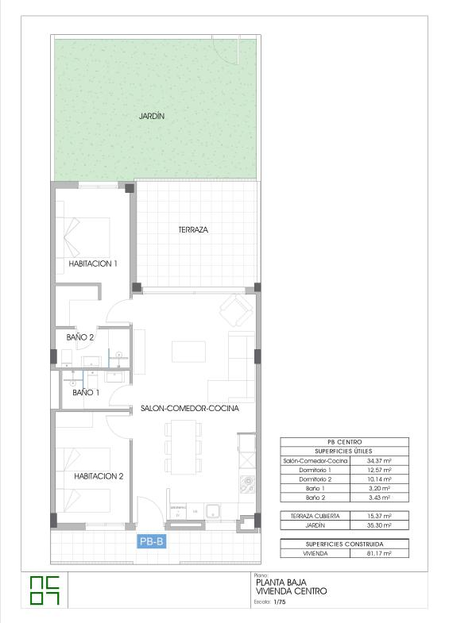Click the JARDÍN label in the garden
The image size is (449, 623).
pos(152,116)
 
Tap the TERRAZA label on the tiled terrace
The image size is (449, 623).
pos(193,229)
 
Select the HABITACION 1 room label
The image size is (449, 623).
pos(93,263)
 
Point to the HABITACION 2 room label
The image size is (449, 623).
pos(99,476)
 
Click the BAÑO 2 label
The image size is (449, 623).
pos(80,337)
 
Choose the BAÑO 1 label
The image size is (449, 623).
pos(86,393)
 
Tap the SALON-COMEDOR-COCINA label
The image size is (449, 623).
pos(190,409)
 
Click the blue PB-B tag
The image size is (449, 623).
pos(152,541)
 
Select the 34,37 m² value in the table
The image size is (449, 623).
pos(379,461)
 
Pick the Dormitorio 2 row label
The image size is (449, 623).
pos(315,479)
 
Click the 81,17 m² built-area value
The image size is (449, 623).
pos(379,553)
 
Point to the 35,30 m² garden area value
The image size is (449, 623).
pos(379,525)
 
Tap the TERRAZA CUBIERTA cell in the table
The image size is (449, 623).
pos(315,516)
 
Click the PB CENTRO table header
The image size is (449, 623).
pos(344,442)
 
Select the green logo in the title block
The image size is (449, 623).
pos(45,590)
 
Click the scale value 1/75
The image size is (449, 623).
pos(280,602)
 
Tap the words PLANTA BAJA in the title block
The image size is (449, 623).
pos(281,583)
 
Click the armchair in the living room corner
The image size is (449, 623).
pos(237,310)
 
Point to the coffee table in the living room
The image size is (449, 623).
pos(188,352)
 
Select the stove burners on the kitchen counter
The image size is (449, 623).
pos(247,484)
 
